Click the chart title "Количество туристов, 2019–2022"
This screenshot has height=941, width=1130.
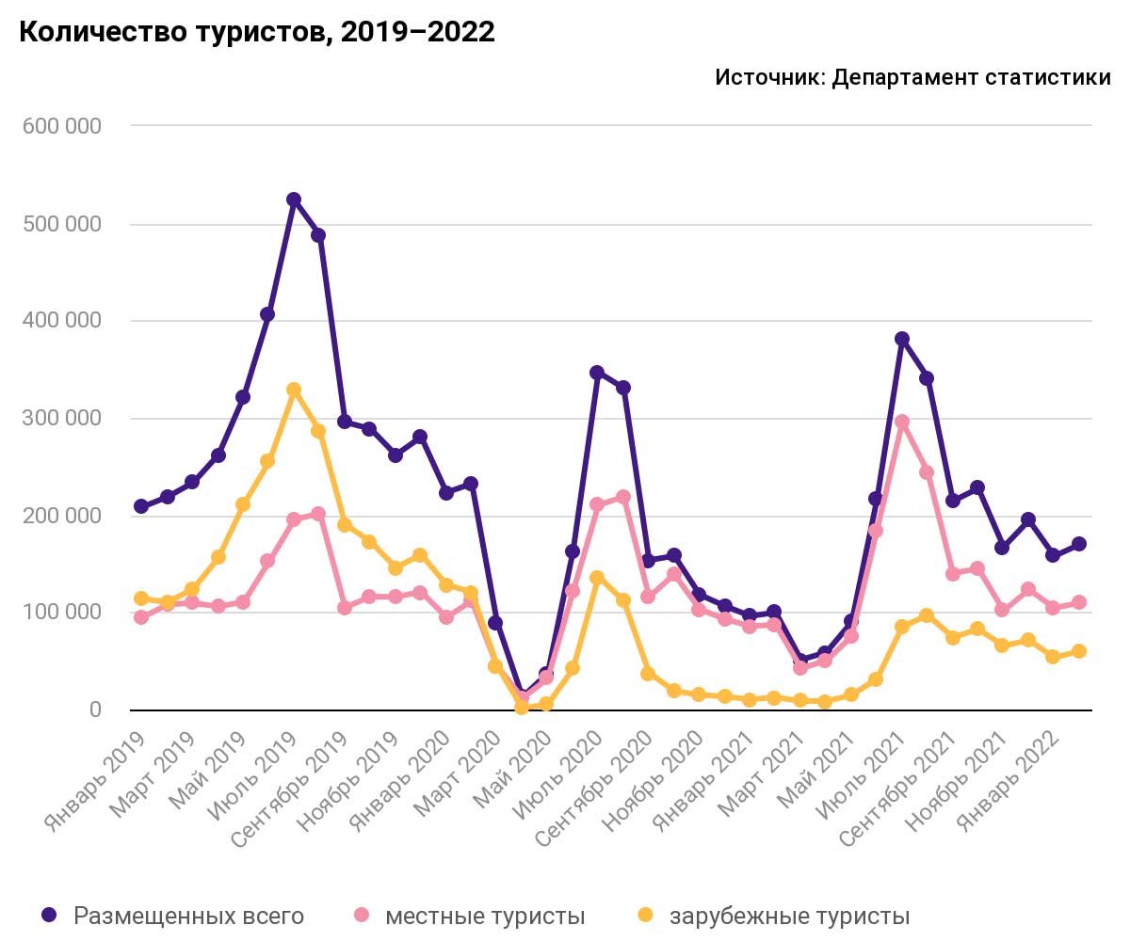coord(257,32)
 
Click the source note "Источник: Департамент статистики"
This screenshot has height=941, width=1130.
coord(912,77)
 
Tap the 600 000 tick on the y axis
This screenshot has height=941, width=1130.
coord(62,126)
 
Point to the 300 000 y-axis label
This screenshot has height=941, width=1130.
coord(62,418)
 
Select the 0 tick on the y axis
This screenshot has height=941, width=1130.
coord(95,710)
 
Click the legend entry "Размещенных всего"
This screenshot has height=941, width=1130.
coord(173,916)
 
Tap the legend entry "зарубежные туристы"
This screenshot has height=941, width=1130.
coord(774,916)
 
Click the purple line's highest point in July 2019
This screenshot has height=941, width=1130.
coord(293,200)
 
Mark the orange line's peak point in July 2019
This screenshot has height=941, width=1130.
coord(293,390)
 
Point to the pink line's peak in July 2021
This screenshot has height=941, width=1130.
coord(901,422)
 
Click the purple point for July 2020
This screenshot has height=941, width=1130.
coord(597,373)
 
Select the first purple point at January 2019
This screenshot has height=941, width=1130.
coord(141,507)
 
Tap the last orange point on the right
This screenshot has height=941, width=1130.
coord(1078,651)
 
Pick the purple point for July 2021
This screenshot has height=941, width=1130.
coord(901,339)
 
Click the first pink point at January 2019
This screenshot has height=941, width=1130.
coord(141,617)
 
